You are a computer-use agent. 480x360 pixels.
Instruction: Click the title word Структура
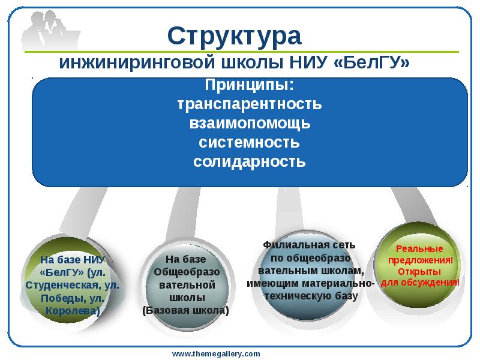coord(234,37)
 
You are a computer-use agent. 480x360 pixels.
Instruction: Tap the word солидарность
coord(250,162)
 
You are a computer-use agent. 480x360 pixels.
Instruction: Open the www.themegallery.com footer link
coord(217,353)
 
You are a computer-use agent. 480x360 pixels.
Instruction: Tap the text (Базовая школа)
coord(186,311)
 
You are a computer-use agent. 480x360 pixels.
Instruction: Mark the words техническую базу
coord(310,296)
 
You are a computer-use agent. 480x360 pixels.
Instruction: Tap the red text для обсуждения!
coord(420,282)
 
